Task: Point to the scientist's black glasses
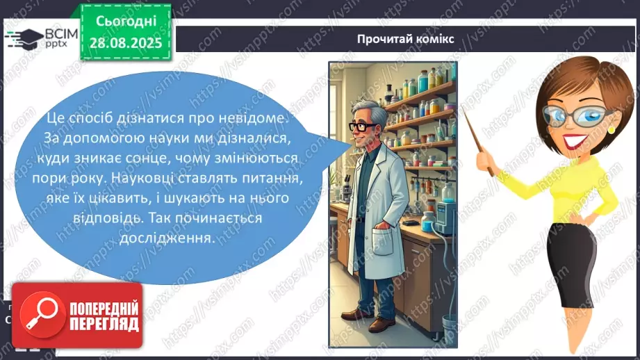pos(364,127)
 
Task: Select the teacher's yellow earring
pos(611,129)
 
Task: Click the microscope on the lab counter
pos(336,192)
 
